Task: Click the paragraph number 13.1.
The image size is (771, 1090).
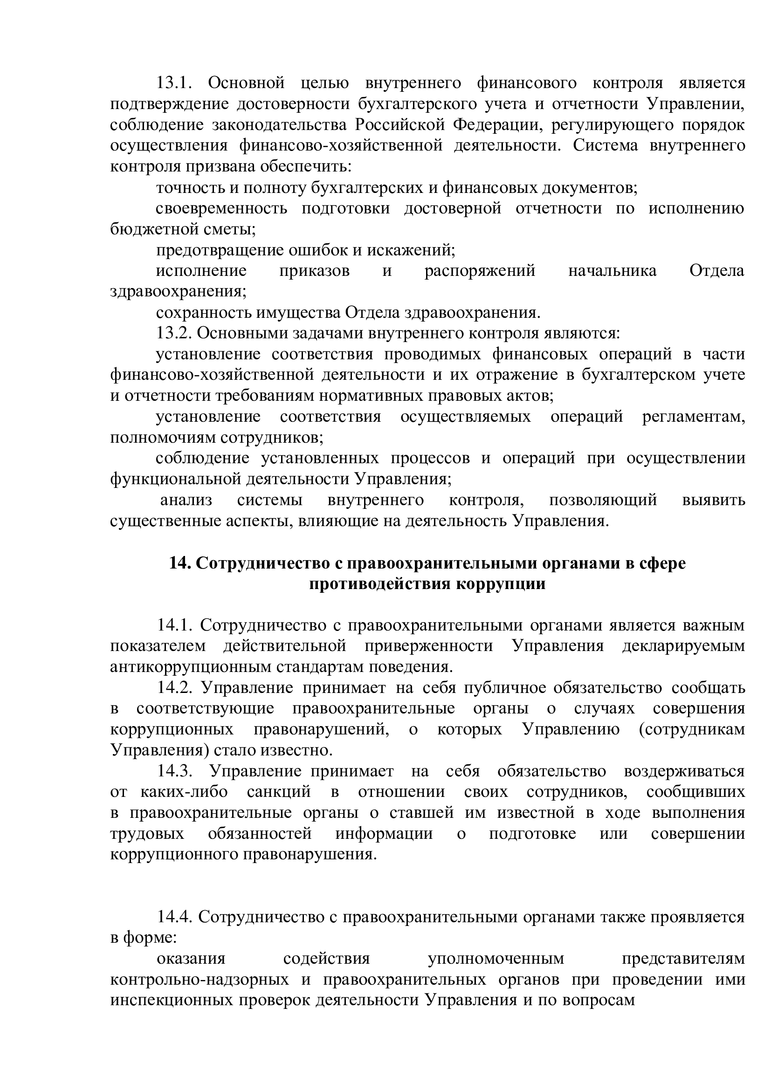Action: pos(174,83)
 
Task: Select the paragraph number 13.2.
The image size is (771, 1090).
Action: pos(174,333)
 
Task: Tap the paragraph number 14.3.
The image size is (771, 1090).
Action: pos(175,771)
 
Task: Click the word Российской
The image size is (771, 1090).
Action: pos(401,125)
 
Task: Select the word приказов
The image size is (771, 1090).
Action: pos(314,271)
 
